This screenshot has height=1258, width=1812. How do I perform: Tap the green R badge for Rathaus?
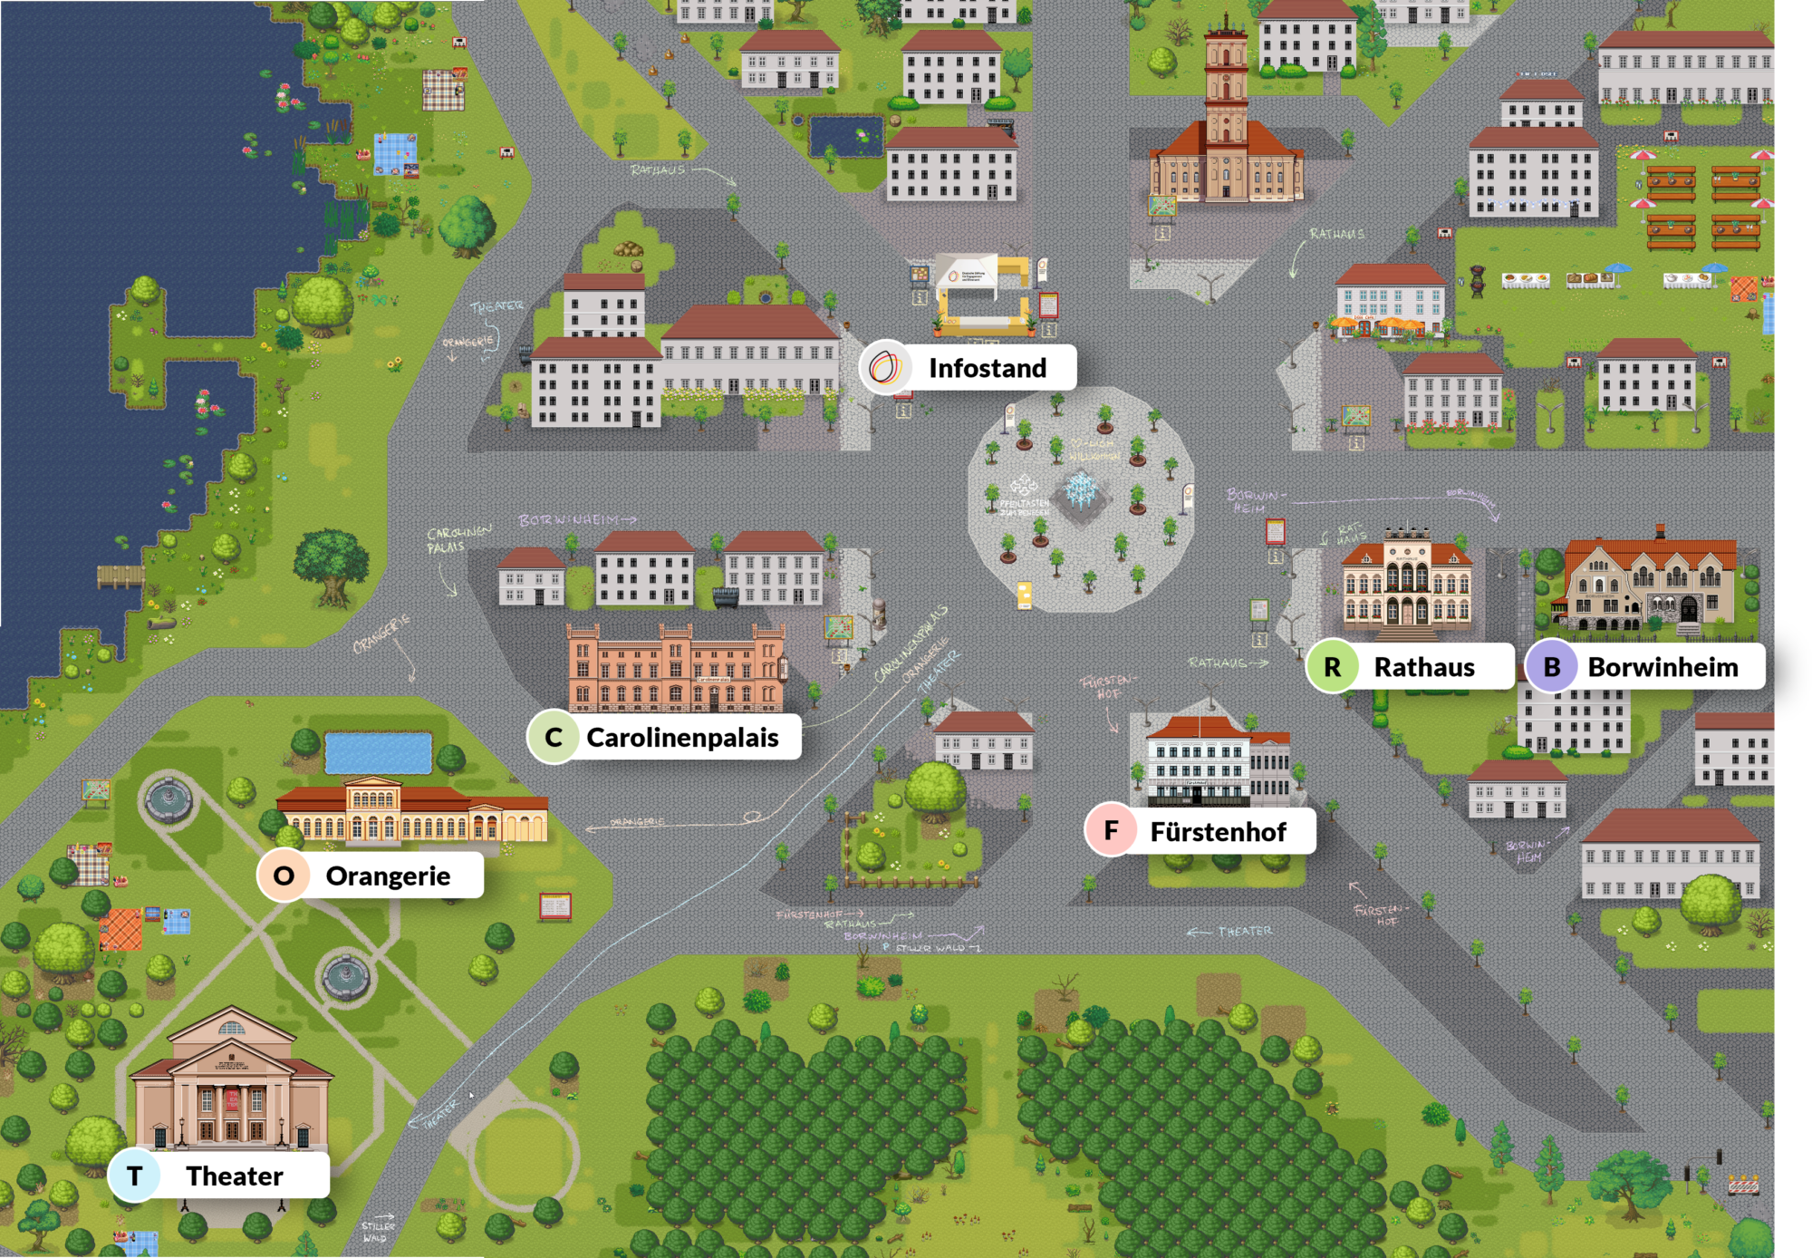click(1332, 667)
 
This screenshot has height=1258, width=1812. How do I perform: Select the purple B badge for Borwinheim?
click(1551, 667)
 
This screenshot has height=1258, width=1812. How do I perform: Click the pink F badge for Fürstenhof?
click(1111, 830)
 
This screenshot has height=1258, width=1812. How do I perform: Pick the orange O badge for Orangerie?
click(284, 876)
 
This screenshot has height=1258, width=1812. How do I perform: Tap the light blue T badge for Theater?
click(135, 1176)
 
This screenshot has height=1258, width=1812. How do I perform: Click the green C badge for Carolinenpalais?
click(554, 738)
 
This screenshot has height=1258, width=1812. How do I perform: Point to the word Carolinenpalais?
click(682, 738)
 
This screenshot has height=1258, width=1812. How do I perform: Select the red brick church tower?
click(1226, 100)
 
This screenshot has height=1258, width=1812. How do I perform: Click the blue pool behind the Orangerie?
click(378, 753)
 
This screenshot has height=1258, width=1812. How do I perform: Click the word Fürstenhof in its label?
click(1218, 832)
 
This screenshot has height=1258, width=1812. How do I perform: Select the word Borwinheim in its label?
click(1663, 668)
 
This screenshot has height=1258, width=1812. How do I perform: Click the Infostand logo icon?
click(884, 368)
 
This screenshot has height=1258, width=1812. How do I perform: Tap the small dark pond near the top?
click(846, 136)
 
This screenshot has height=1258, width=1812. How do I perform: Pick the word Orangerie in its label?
click(388, 876)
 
